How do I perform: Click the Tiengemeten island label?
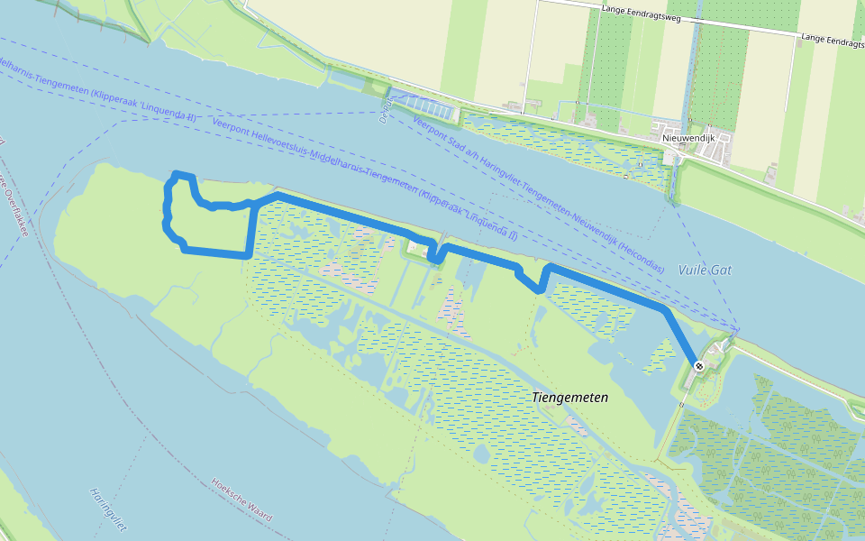point(570,398)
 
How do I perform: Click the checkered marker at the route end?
point(699,365)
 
